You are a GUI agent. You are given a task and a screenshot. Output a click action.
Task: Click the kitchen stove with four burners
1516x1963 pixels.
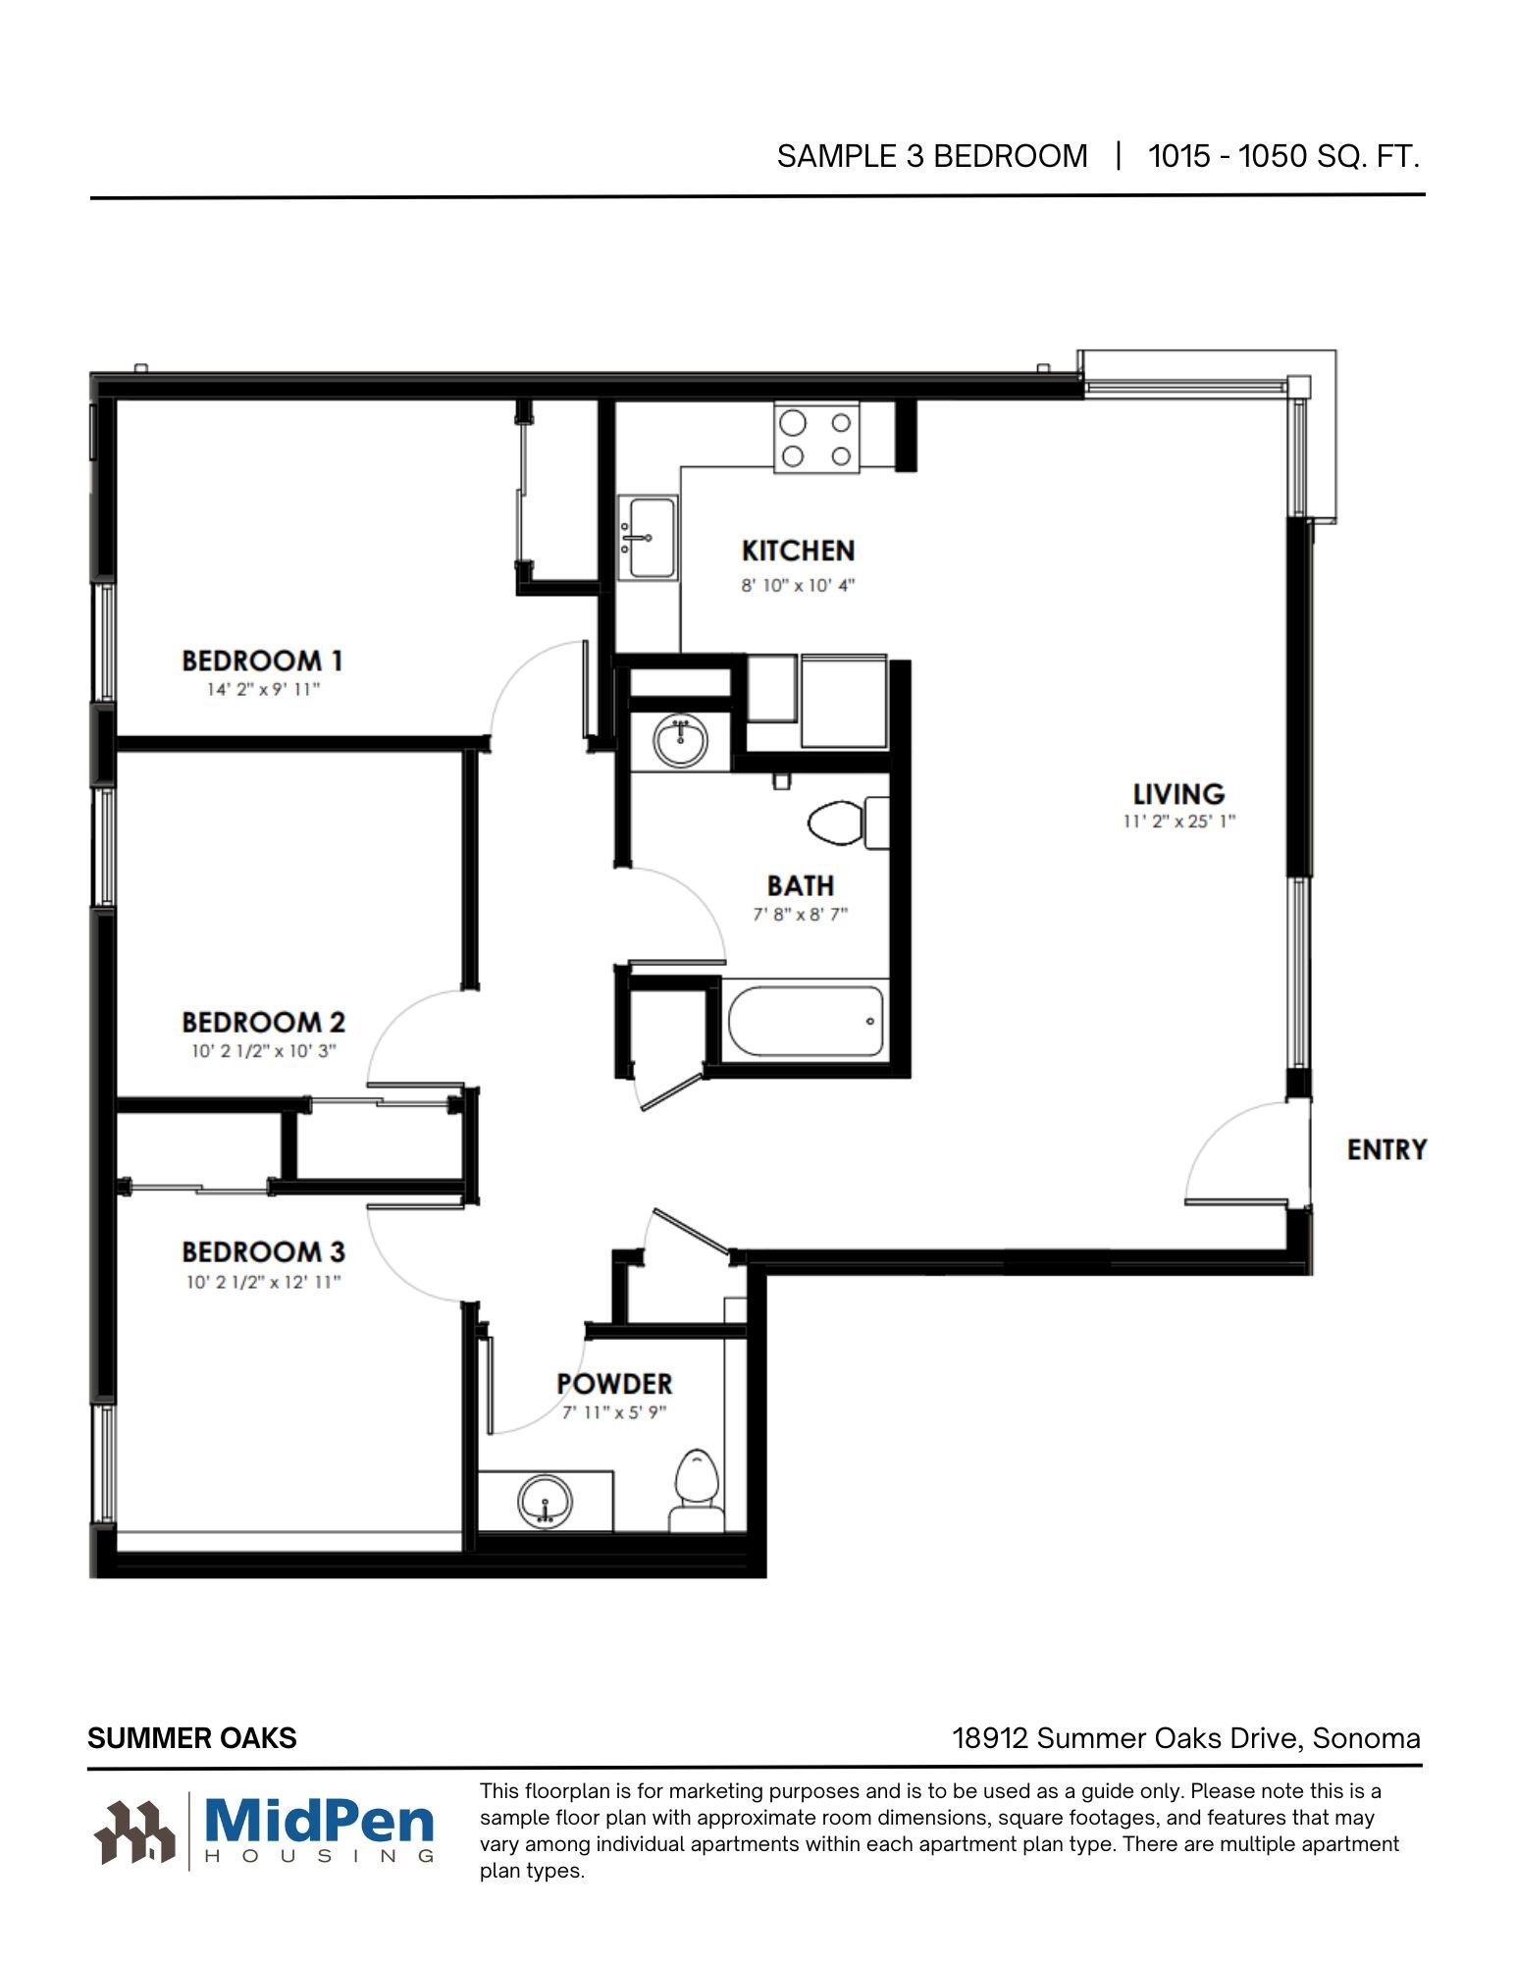[816, 437]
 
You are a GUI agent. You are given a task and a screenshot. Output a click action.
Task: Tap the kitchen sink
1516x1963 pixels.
[648, 537]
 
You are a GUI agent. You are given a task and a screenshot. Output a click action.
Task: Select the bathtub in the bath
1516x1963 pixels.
[806, 1021]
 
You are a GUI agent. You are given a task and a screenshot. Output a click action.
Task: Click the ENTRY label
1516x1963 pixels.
[1386, 1149]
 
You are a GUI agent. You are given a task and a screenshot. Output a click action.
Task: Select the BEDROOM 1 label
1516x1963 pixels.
[262, 661]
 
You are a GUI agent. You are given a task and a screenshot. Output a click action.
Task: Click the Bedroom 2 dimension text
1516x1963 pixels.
[264, 1051]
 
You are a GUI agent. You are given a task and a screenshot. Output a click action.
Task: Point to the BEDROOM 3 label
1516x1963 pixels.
[264, 1251]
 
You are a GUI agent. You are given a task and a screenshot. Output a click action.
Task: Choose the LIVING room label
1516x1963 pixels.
[1178, 793]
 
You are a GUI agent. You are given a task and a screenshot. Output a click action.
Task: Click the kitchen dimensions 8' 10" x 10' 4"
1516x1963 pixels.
[798, 585]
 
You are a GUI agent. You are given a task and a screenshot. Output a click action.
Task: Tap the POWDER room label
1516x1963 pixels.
[614, 1384]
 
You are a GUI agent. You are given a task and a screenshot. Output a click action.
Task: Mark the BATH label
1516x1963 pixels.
[801, 885]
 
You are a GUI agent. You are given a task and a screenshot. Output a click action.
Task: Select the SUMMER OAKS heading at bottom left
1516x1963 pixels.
[192, 1738]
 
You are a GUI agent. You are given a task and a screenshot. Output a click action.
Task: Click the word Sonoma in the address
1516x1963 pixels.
[1366, 1738]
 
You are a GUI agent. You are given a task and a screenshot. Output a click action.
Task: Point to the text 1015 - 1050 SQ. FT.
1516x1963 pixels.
[1284, 156]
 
